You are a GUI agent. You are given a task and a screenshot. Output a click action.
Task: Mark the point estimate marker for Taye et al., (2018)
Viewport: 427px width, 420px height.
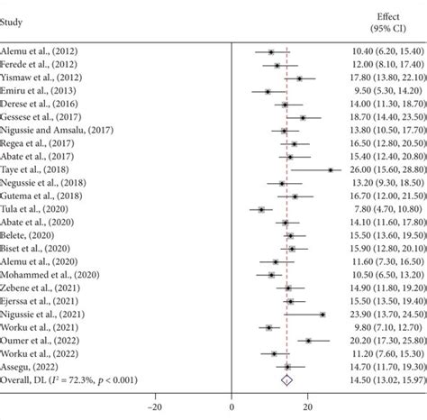tap(331, 169)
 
